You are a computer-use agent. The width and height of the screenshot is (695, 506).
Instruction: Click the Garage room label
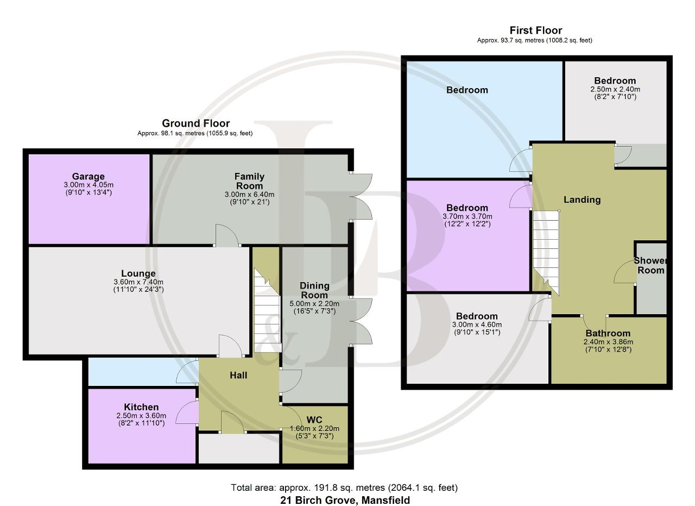tap(88, 177)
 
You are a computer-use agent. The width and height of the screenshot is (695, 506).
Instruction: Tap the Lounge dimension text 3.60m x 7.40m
tap(138, 282)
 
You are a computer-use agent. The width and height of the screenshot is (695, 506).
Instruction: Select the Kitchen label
tap(141, 407)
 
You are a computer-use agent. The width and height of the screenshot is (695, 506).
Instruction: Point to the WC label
tap(314, 420)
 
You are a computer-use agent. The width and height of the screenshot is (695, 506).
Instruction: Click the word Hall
tap(238, 375)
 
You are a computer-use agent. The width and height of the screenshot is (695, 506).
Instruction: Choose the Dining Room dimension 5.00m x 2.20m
tap(314, 303)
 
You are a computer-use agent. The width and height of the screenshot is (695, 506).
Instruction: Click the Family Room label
tap(249, 181)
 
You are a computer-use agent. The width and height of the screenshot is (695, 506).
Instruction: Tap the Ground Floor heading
tap(196, 123)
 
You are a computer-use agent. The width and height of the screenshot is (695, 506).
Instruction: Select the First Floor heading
tap(536, 30)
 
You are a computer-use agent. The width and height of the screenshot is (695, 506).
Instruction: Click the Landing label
tap(582, 199)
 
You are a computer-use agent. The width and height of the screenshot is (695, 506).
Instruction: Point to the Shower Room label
tap(650, 266)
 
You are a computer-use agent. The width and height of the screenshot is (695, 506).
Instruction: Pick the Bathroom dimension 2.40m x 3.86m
tap(608, 342)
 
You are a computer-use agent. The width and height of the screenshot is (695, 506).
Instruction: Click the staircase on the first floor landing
tap(546, 252)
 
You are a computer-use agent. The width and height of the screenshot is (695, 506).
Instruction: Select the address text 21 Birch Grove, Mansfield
tap(345, 500)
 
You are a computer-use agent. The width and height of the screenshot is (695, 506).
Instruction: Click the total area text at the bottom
tap(344, 488)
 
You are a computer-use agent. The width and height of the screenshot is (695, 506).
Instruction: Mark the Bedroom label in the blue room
tap(467, 90)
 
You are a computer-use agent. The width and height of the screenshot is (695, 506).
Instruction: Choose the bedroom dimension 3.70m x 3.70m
tap(467, 216)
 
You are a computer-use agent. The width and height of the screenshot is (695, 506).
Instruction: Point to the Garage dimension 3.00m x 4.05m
tap(89, 184)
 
